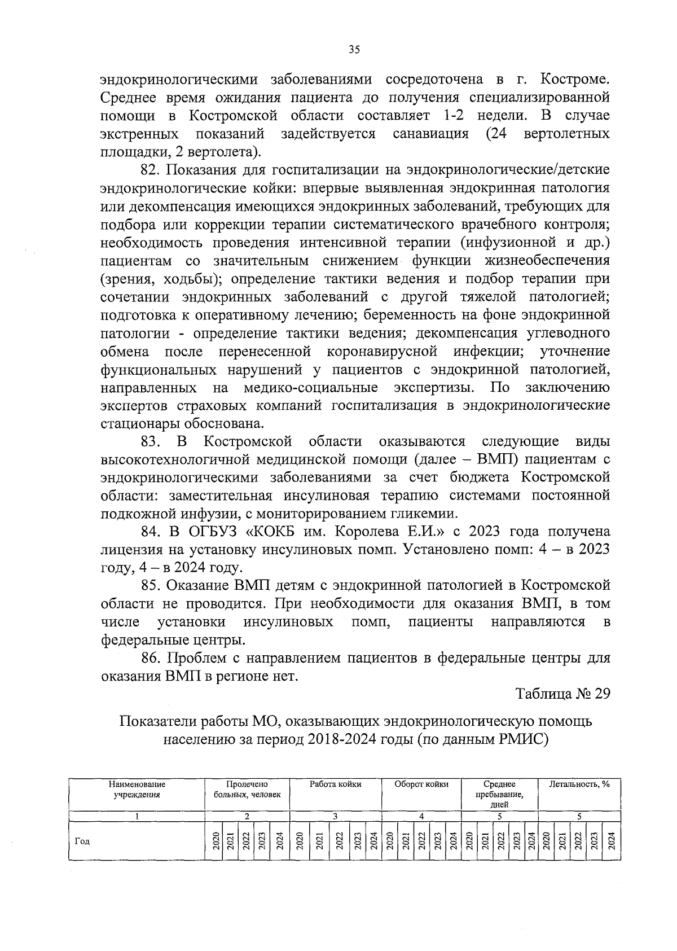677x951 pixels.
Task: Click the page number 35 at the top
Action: tap(354, 50)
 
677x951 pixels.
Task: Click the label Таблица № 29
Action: tap(563, 694)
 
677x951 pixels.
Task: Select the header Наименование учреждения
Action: tap(137, 789)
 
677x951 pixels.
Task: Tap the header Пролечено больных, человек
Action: tap(247, 789)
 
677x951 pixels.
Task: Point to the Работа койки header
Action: tap(335, 784)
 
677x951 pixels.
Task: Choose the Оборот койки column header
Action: tap(421, 784)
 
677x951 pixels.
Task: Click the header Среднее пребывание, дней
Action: tap(499, 794)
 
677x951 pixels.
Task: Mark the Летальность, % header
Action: tap(579, 784)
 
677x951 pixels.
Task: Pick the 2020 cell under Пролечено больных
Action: tap(214, 840)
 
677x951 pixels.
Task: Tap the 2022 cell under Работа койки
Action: tap(338, 840)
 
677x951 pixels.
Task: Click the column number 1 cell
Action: tap(137, 816)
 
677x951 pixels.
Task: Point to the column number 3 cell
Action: tap(335, 816)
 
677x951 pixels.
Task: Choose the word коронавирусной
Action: tap(382, 352)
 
